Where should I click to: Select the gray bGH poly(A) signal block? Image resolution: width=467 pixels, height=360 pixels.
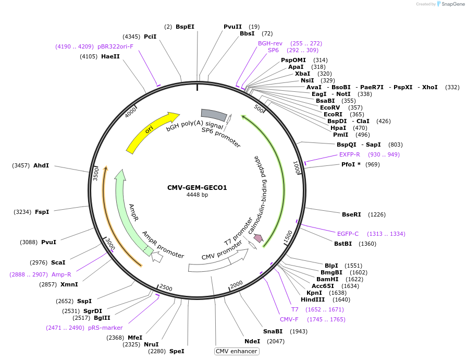pyautogui.click(x=214, y=114)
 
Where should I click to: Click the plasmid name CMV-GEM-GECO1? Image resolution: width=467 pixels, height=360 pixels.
pyautogui.click(x=197, y=188)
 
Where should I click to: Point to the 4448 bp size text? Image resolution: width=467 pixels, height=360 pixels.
pyautogui.click(x=197, y=195)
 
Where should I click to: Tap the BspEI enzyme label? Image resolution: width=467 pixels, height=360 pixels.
pyautogui.click(x=185, y=27)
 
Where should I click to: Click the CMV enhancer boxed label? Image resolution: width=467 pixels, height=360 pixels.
pyautogui.click(x=237, y=351)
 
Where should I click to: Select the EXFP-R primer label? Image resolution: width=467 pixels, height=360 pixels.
pyautogui.click(x=349, y=154)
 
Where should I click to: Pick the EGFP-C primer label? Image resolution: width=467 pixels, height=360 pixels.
pyautogui.click(x=348, y=234)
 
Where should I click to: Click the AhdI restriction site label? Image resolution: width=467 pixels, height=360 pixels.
pyautogui.click(x=41, y=165)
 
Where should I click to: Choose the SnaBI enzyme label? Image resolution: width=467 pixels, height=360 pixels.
pyautogui.click(x=273, y=331)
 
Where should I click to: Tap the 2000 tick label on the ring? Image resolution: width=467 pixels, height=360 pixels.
pyautogui.click(x=237, y=284)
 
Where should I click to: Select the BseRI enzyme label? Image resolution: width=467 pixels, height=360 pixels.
pyautogui.click(x=351, y=214)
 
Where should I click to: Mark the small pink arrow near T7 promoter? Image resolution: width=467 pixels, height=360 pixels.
pyautogui.click(x=258, y=238)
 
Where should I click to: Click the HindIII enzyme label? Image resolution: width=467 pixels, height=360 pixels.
pyautogui.click(x=312, y=299)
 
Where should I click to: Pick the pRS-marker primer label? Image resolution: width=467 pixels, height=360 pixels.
pyautogui.click(x=105, y=328)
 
